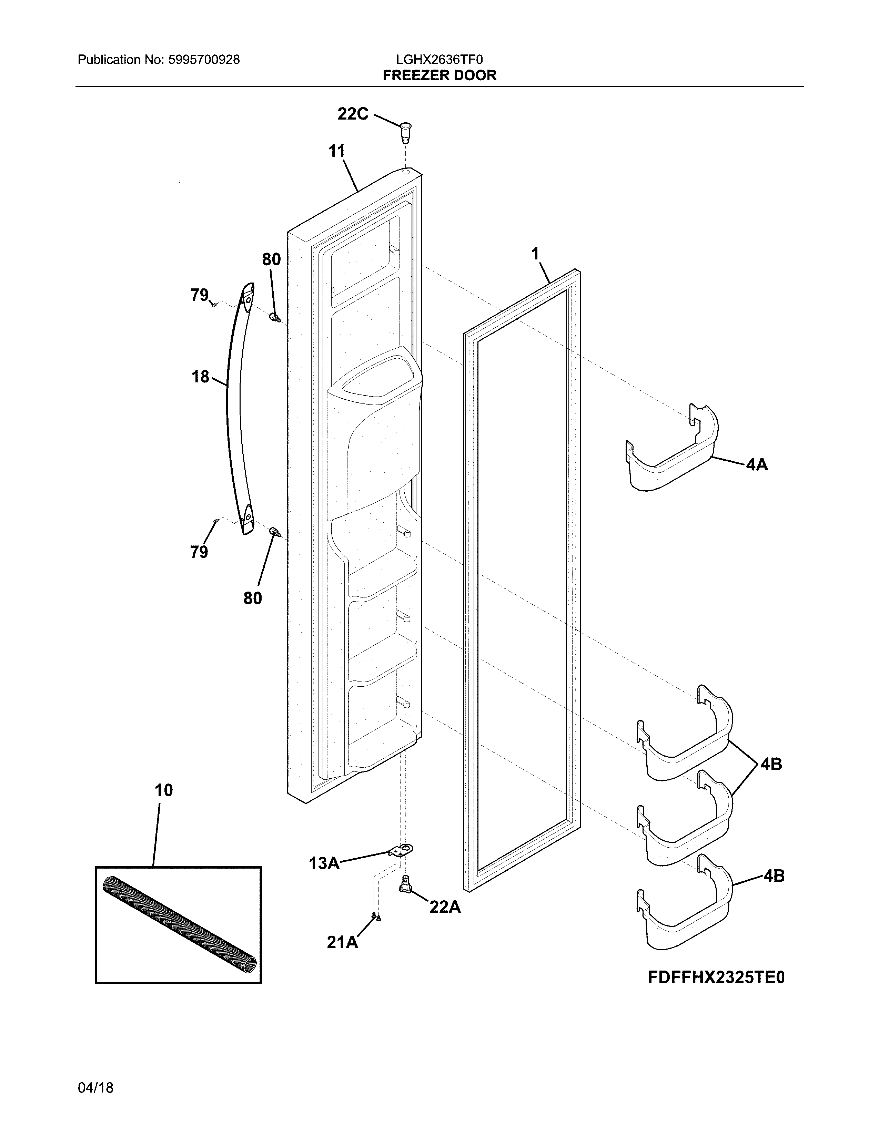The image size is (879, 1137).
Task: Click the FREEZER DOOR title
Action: (x=439, y=75)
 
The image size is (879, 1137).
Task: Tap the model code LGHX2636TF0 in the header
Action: (x=439, y=60)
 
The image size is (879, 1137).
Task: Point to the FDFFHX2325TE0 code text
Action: (x=716, y=978)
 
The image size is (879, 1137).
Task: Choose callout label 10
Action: (x=163, y=790)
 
